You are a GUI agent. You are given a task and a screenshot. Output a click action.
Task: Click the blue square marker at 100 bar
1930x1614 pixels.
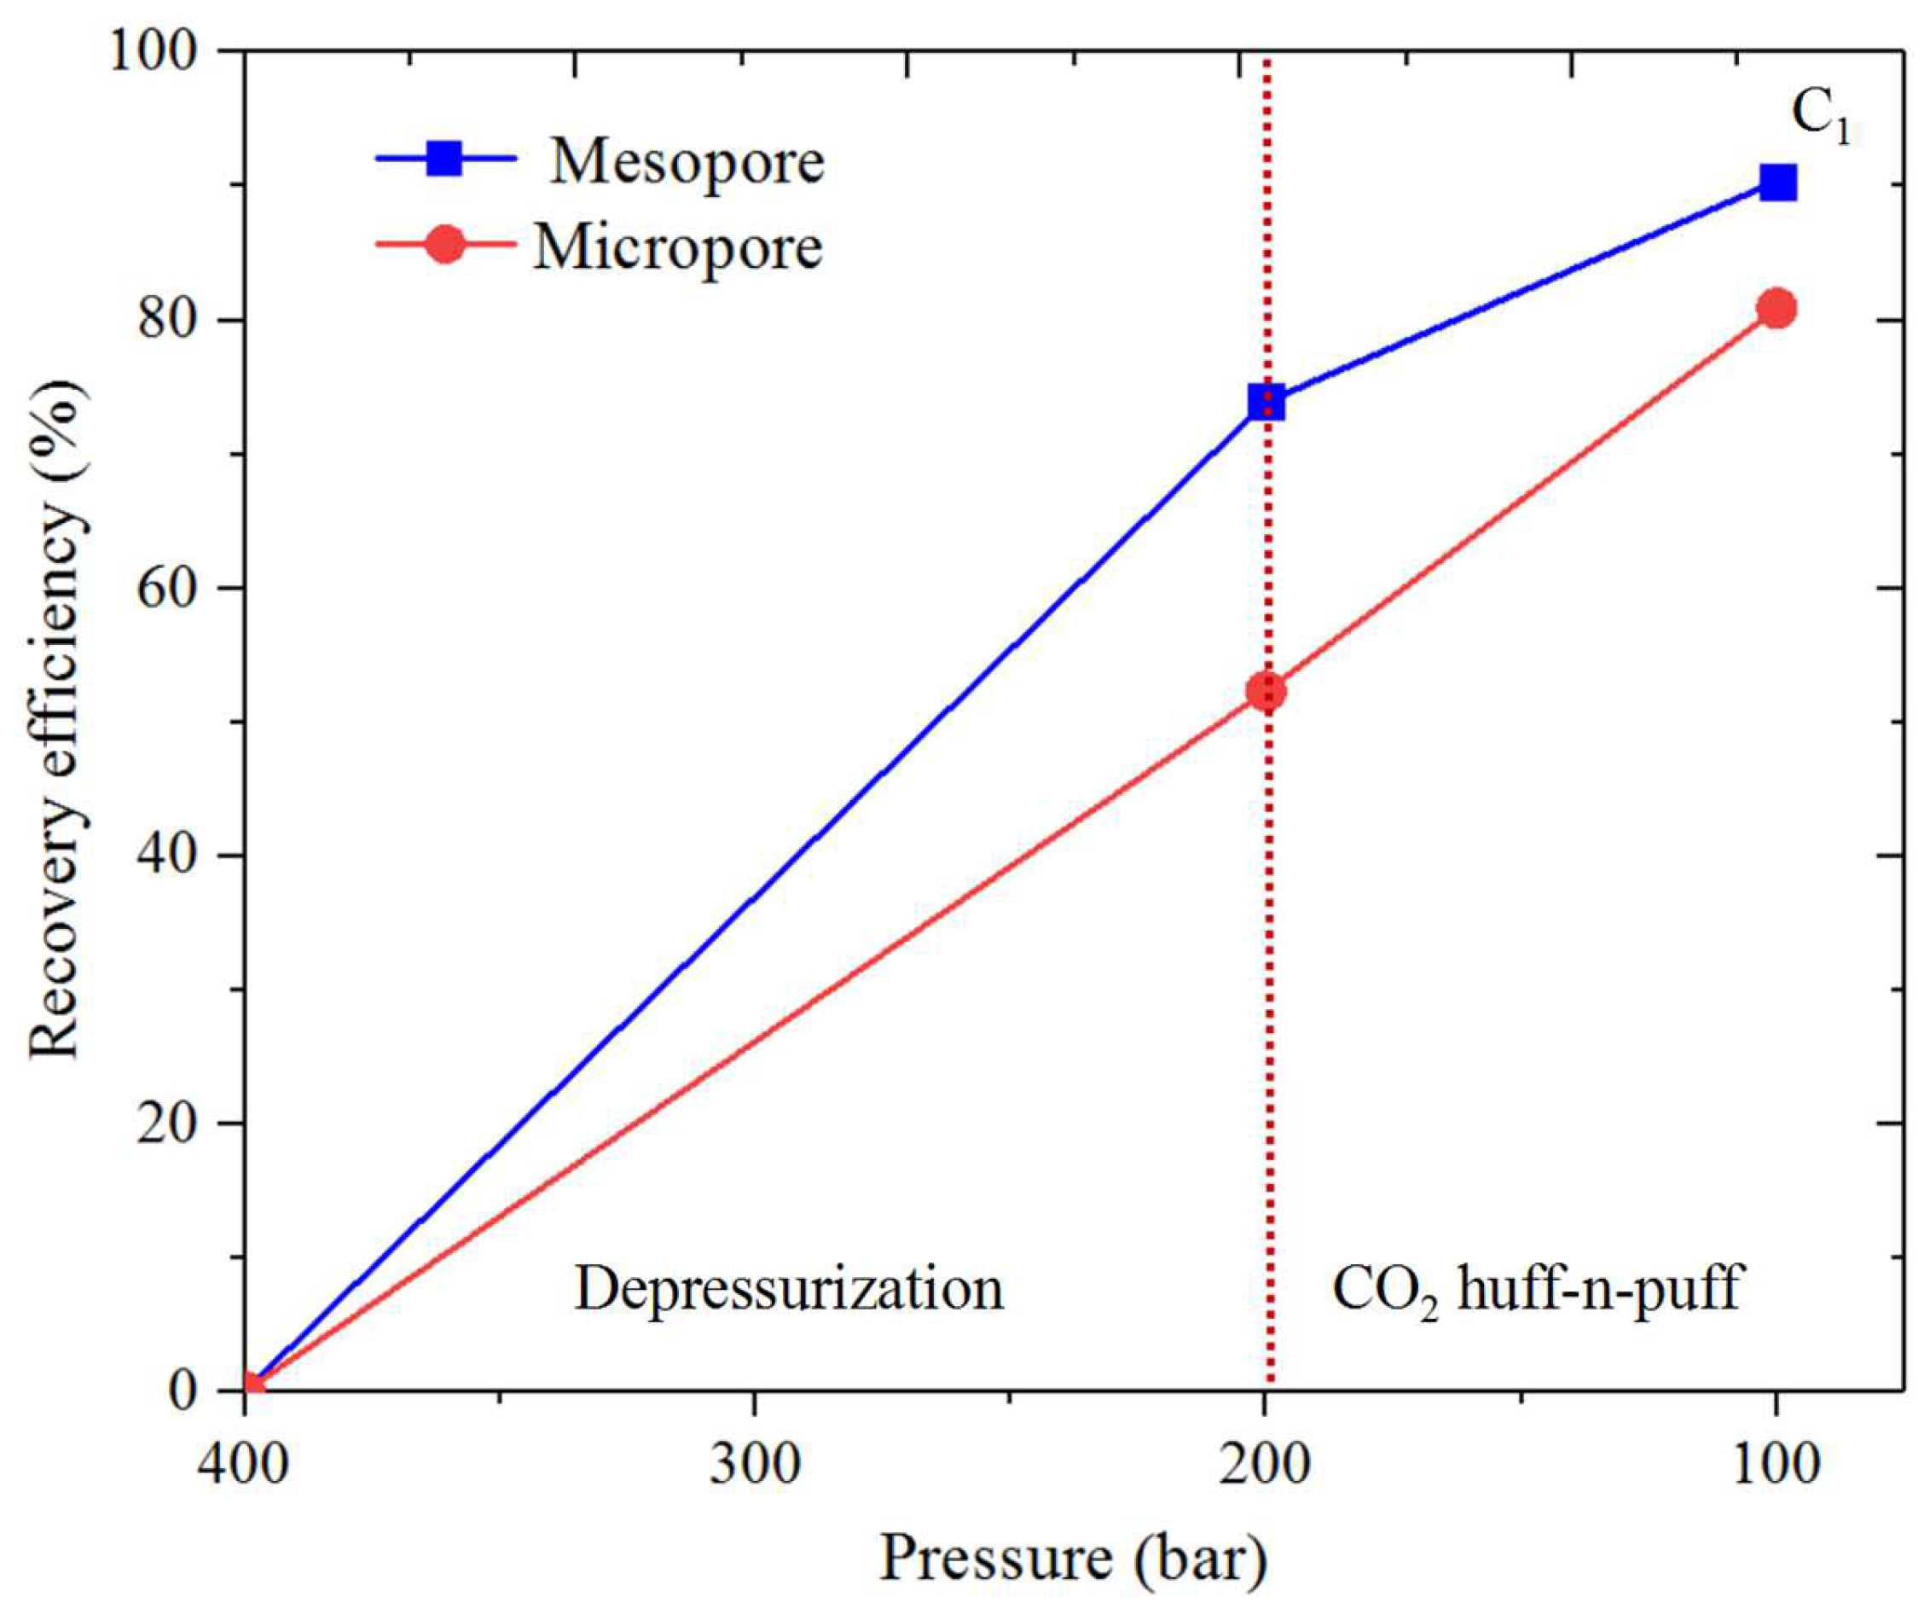coord(1777,183)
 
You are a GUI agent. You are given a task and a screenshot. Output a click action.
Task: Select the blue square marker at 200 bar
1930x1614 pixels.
coord(1266,402)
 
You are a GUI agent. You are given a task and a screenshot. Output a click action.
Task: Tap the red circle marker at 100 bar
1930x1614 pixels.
coord(1777,309)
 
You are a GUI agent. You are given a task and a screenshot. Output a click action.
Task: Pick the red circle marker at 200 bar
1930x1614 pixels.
coord(1266,691)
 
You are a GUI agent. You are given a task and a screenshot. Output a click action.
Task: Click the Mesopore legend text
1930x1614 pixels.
coord(687,163)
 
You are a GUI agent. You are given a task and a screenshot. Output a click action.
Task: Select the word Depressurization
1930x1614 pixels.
coord(789,1289)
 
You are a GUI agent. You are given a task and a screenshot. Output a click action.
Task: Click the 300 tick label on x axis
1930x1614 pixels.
coord(755,1464)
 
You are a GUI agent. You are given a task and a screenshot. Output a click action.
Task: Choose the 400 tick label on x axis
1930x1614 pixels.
coord(244,1464)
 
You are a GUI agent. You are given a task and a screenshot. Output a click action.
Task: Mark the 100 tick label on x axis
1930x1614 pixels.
coord(1776,1464)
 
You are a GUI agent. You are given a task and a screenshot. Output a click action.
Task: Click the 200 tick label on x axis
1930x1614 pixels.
coord(1266,1464)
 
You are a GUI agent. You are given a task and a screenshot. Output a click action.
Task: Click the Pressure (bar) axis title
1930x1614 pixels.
coord(1073,1559)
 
